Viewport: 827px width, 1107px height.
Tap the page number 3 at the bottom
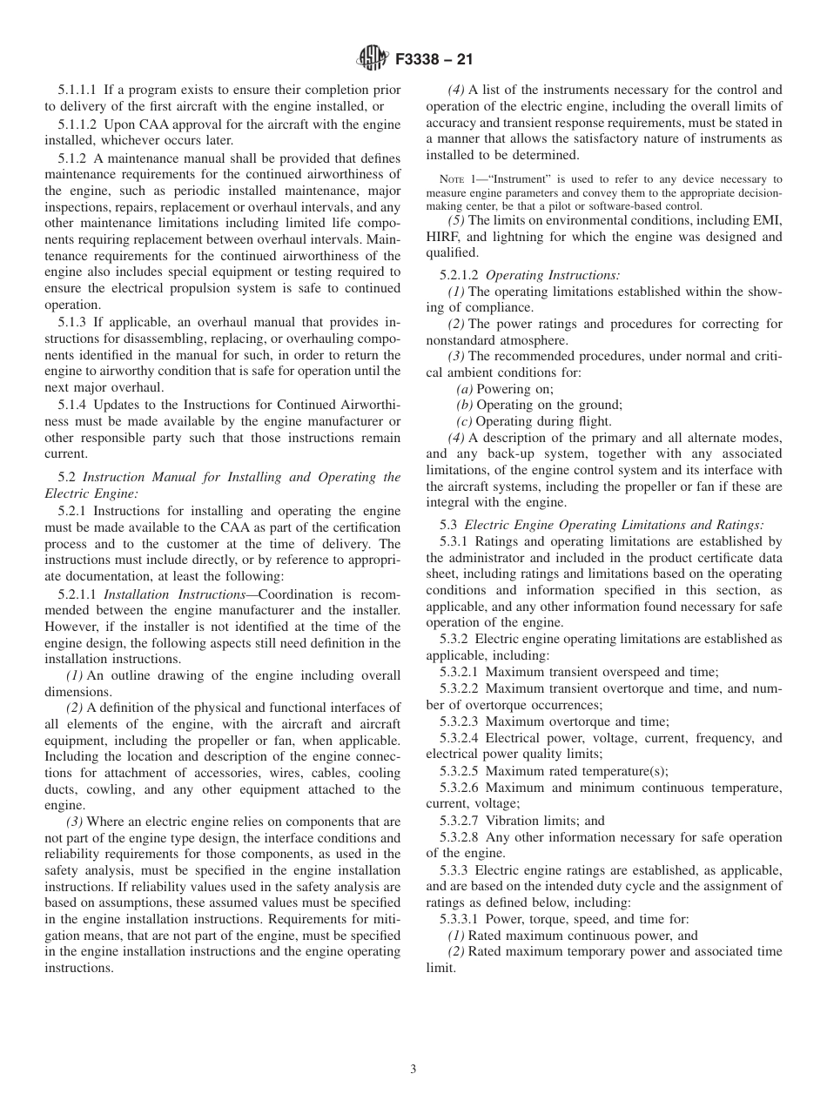(413, 1070)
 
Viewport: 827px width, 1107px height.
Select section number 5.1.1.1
(79, 90)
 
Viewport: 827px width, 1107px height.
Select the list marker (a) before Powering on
(465, 389)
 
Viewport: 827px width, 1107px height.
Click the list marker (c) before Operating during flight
(465, 422)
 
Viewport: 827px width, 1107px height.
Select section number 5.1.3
(73, 322)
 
